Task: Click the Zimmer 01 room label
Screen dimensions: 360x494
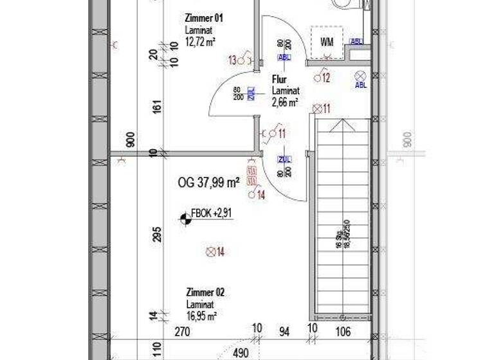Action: click(x=205, y=19)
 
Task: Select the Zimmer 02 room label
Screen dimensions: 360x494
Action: click(x=205, y=292)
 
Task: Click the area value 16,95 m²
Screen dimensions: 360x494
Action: click(x=201, y=316)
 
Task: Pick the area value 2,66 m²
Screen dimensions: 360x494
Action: click(x=284, y=102)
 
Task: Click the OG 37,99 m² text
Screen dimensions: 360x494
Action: click(x=208, y=183)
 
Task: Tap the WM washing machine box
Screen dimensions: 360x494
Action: click(x=327, y=42)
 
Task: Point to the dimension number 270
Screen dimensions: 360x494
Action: click(x=183, y=332)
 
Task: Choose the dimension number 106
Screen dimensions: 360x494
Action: click(x=343, y=332)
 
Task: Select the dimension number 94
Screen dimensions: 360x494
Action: click(x=284, y=332)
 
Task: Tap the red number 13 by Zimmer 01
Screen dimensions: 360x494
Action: click(x=232, y=60)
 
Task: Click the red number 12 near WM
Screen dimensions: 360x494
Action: click(x=326, y=78)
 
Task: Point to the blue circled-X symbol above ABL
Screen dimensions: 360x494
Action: click(x=360, y=75)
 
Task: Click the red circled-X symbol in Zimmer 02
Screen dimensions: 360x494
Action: click(x=209, y=252)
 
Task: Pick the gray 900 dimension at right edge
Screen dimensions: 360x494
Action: click(x=407, y=140)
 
